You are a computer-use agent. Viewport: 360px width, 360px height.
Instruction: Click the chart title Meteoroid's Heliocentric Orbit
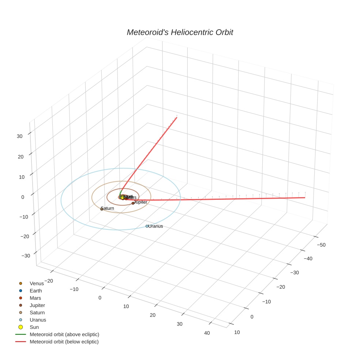(180, 33)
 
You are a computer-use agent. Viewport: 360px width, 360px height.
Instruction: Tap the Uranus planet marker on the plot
(147, 226)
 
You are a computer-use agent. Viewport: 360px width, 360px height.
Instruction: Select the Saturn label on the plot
(108, 208)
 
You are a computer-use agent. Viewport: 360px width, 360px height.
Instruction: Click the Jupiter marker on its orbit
(133, 203)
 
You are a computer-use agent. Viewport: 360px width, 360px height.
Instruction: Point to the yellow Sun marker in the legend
(21, 327)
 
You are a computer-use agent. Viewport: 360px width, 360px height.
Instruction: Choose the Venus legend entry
(37, 284)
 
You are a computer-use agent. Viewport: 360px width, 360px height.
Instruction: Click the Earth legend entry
(36, 291)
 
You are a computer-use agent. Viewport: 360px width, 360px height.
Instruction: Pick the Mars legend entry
(35, 298)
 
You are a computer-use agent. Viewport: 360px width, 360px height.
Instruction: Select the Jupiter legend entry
(37, 305)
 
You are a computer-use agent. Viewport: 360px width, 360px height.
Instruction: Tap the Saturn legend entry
(37, 313)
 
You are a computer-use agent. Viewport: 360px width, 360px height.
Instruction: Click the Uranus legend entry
(38, 320)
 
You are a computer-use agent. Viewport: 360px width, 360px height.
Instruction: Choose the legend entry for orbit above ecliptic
(64, 334)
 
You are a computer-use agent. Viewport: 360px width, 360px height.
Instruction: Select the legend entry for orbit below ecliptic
(64, 342)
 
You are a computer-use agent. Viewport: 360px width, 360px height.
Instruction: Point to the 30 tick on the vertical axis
(19, 136)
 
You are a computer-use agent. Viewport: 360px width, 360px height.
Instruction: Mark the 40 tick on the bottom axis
(207, 333)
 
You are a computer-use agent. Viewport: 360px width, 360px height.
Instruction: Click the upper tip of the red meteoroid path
(176, 118)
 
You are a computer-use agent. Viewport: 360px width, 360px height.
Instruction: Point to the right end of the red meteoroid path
(305, 198)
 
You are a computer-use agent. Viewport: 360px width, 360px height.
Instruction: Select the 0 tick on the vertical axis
(23, 197)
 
